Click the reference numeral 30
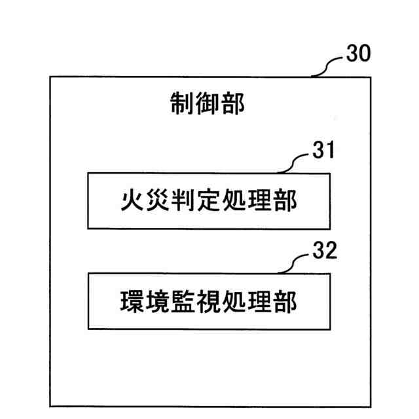pyautogui.click(x=358, y=55)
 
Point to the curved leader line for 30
pyautogui.click(x=329, y=65)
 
